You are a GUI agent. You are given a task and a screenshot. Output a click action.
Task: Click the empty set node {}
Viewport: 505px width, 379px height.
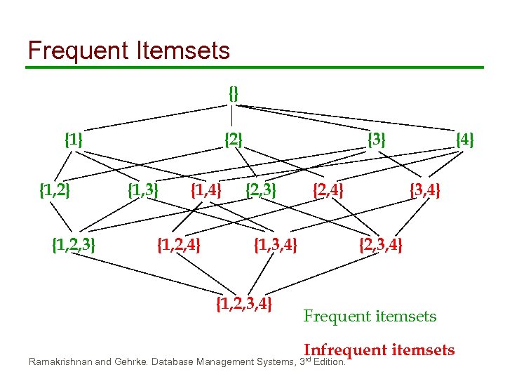(234, 92)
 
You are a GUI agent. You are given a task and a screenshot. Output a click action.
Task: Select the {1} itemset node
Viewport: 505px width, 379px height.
(74, 140)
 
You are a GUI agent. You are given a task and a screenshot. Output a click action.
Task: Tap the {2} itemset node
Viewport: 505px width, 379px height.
(233, 140)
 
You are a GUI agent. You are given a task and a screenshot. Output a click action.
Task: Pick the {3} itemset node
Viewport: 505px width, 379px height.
(377, 140)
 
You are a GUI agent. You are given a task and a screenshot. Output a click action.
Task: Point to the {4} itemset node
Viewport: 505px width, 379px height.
(464, 140)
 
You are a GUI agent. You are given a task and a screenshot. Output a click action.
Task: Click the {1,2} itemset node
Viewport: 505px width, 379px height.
(54, 189)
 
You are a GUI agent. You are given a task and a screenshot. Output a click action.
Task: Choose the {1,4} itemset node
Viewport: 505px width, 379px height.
(206, 189)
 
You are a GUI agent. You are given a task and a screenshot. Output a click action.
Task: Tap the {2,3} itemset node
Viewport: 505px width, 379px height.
(260, 189)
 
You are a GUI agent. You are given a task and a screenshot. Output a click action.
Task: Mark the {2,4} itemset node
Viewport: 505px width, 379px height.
(328, 189)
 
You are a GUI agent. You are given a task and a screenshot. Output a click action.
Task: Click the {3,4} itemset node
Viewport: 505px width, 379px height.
(425, 189)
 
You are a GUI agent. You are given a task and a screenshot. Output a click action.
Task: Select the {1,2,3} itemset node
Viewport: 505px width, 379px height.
(74, 245)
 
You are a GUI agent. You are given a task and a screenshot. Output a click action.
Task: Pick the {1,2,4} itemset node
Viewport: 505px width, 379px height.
(178, 245)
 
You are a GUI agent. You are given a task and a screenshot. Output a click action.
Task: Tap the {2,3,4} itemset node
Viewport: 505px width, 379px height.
(380, 245)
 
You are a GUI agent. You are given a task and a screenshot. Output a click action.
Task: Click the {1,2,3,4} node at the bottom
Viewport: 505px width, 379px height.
(243, 304)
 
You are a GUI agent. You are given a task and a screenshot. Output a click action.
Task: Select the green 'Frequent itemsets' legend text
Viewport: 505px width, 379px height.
(370, 317)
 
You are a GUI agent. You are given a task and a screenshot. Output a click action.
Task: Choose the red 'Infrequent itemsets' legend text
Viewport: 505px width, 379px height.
(379, 350)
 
